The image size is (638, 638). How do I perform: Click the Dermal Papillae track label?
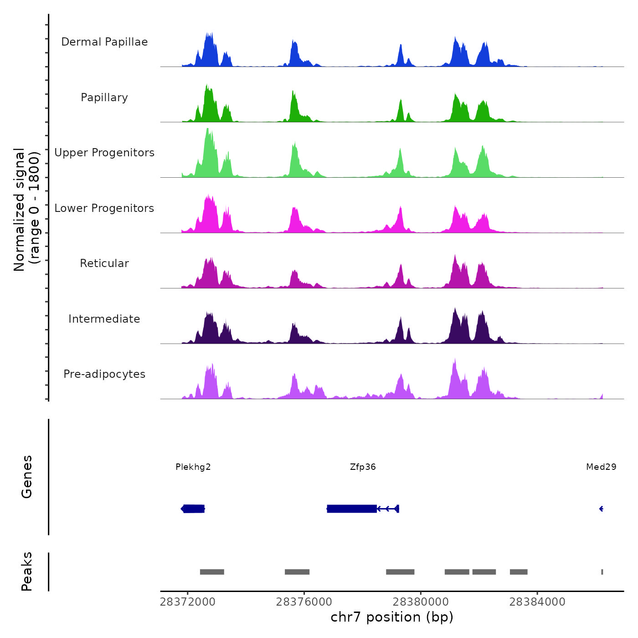(x=104, y=42)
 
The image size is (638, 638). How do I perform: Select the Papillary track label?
(x=104, y=98)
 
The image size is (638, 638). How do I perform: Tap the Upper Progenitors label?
(x=104, y=153)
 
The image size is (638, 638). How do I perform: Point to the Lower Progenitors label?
(x=104, y=208)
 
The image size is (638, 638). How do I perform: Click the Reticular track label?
(x=104, y=263)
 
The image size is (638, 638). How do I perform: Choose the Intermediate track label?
(x=104, y=319)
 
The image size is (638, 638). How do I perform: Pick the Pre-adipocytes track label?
(x=104, y=374)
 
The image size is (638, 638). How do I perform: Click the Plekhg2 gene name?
(x=193, y=467)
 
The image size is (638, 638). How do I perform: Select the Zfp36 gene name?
(x=363, y=467)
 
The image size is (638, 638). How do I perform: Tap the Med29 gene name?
(x=601, y=467)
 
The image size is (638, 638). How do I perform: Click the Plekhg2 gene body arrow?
(x=193, y=509)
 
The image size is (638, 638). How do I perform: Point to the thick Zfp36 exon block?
(x=352, y=509)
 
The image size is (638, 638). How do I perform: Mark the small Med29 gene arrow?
(x=602, y=509)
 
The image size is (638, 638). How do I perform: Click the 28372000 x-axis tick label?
(x=187, y=602)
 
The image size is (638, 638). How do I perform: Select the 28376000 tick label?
(x=304, y=602)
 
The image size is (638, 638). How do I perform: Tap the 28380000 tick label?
(x=421, y=602)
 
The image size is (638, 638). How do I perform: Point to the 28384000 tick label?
(x=537, y=602)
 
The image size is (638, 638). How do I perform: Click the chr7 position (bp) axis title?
(x=392, y=617)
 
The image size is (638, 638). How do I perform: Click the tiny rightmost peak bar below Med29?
(x=602, y=572)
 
